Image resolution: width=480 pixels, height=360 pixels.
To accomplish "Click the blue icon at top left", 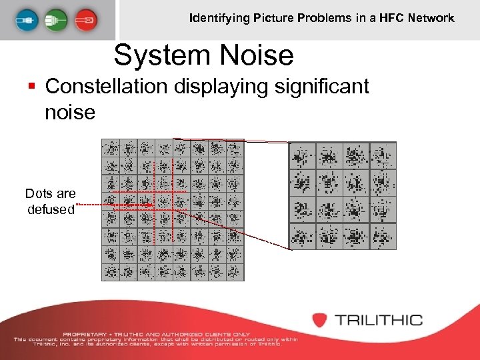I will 29,20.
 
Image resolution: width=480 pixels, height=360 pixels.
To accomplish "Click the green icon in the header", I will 57,20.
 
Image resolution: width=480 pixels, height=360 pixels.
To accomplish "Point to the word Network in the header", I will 432,18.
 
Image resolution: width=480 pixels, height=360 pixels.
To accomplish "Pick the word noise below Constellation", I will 70,111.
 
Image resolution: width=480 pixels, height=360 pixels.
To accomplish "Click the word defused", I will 51,209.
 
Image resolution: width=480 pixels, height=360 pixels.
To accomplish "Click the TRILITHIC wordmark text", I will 379,320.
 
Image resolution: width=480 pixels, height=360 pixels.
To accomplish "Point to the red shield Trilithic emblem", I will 321,320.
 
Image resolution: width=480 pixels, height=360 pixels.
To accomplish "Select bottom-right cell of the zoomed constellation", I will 383,236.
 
